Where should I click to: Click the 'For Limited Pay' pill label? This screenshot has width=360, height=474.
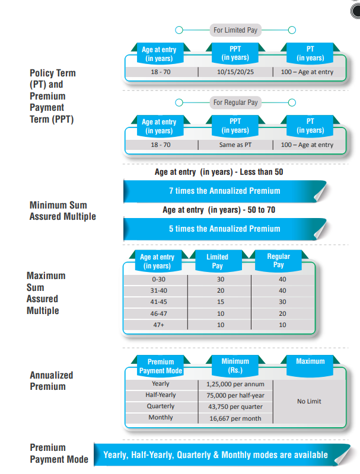tap(235, 30)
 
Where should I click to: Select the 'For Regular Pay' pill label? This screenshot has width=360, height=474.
tap(235, 103)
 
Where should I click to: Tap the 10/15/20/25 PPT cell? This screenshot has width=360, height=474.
tap(235, 72)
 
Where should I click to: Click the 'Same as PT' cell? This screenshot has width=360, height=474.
tap(235, 145)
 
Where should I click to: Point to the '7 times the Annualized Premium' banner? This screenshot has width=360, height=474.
tap(225, 191)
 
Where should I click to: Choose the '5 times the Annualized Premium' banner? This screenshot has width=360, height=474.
tap(225, 229)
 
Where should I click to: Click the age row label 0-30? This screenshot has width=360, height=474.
tap(158, 279)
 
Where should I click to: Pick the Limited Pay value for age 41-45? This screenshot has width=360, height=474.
tap(221, 302)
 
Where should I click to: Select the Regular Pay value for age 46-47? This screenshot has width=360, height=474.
tap(282, 313)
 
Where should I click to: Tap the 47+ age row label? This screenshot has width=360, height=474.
tap(158, 325)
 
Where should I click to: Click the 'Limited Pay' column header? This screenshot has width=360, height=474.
tap(217, 261)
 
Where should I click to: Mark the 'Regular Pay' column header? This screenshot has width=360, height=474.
tap(278, 260)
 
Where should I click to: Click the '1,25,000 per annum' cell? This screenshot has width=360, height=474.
tap(235, 384)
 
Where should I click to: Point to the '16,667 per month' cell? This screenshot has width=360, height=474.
tap(235, 418)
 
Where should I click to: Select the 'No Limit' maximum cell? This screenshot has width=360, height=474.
tap(309, 402)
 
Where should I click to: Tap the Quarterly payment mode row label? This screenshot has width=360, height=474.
tap(161, 406)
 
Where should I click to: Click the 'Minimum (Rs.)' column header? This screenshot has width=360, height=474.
tap(235, 366)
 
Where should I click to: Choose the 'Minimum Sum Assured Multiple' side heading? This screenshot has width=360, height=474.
tap(63, 211)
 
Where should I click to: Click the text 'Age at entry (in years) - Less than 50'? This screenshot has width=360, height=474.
tap(219, 172)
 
